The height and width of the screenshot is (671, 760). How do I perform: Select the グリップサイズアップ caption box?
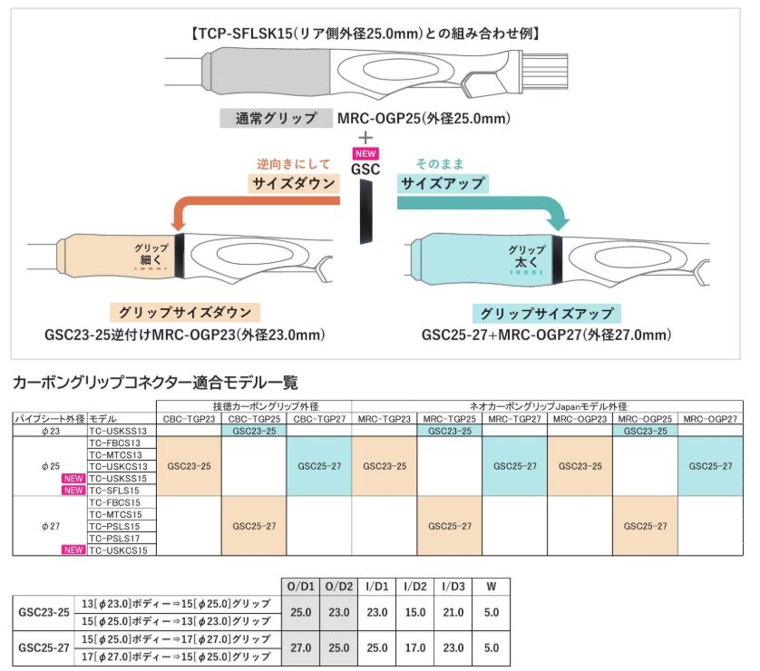[x=544, y=313]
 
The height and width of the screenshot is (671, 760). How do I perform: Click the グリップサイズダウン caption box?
[x=187, y=313]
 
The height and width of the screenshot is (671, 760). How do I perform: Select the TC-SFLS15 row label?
[x=118, y=490]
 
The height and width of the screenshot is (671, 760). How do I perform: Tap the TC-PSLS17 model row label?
[x=118, y=538]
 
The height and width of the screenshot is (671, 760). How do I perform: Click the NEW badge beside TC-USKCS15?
[x=73, y=549]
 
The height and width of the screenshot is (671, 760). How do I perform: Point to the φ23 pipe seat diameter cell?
[x=49, y=431]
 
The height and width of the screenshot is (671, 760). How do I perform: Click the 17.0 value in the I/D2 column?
[x=414, y=647]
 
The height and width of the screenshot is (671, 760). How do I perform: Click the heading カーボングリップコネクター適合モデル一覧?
[x=153, y=383]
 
